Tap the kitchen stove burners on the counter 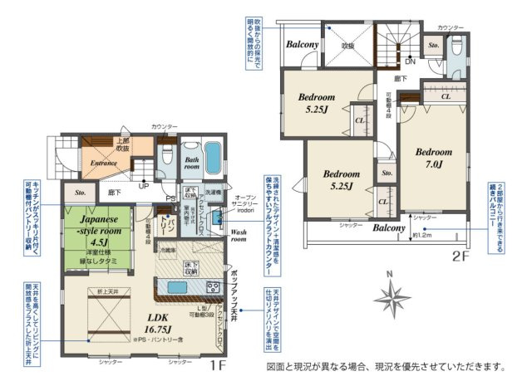[x=212, y=287]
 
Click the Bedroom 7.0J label [x=433, y=158]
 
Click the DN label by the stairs [x=410, y=61]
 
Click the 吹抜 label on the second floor [x=348, y=46]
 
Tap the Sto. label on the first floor [x=80, y=192]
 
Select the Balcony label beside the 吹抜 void [x=303, y=44]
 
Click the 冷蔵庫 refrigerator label [x=169, y=250]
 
